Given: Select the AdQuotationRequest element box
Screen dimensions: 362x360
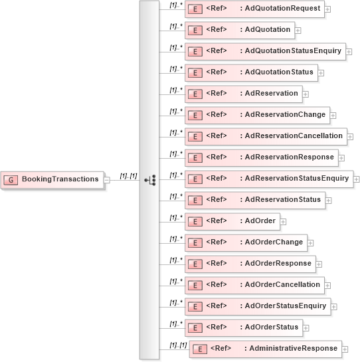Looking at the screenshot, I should coord(254,9).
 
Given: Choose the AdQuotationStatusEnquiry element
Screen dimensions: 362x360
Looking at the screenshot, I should coord(265,51).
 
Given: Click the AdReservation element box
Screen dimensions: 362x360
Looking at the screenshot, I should coord(243,94).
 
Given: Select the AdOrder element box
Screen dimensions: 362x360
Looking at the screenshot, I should coord(232,221).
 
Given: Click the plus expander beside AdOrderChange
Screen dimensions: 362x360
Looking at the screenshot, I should coord(311,243).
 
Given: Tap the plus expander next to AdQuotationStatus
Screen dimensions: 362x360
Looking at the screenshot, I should coord(321,73).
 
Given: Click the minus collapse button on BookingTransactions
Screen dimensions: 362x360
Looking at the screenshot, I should coord(106,179).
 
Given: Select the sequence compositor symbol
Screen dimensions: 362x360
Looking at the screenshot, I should coord(149,179).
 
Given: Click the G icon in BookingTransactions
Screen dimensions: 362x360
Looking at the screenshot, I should coord(11,180).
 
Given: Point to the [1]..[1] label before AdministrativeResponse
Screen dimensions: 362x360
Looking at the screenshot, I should coord(177,345).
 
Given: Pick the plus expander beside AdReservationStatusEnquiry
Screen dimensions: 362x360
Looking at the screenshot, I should coord(357,179).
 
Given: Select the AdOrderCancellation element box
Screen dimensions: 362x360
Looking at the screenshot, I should coord(254,285).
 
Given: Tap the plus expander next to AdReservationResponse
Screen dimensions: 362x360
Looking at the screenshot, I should coord(343,158).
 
